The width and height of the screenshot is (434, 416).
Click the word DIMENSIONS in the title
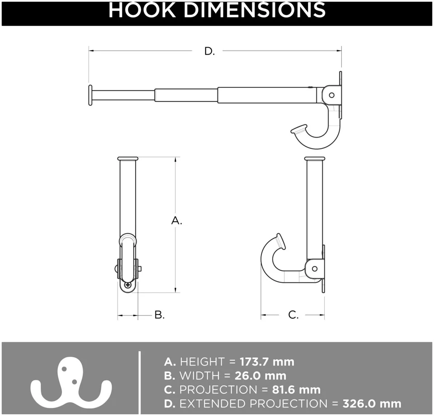pos(255,10)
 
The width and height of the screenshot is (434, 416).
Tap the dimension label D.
pos(209,51)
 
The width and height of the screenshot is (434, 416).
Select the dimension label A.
pos(176,221)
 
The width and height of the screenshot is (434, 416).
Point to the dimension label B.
pos(159,315)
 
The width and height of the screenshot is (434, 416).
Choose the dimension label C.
pos(293,315)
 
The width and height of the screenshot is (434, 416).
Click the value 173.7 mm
pos(267,362)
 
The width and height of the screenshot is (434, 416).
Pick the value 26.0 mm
pos(260,376)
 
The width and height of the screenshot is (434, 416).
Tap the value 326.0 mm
pos(372,404)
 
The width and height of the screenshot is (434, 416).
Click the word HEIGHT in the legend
pos(202,362)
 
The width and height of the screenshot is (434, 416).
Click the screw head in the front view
pos(128,285)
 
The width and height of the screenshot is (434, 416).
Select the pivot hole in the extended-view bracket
pos(331,95)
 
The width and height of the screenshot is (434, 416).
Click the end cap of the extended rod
pos(90,95)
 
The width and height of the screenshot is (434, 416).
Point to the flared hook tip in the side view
pos(278,241)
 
